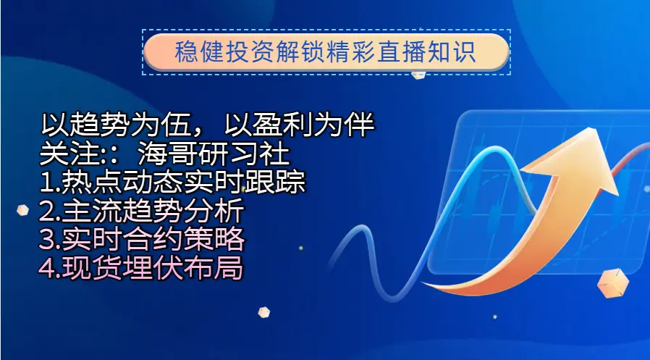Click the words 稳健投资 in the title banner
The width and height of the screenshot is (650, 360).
coord(224,52)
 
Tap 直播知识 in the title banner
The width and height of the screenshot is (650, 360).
coord(426,52)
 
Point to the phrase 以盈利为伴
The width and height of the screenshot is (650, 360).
coord(299,125)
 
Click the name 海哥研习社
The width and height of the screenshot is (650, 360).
coord(214,154)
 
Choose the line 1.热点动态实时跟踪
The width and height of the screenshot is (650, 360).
coord(172,181)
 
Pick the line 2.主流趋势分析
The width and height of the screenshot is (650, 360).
coord(141,210)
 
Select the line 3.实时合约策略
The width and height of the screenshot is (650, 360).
coord(141,239)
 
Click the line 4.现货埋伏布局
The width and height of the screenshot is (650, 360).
coord(140,268)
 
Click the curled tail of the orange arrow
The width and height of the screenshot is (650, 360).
coord(439,286)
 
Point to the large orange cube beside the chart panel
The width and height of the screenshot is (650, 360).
coord(612,282)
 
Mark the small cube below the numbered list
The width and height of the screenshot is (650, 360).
coord(263,312)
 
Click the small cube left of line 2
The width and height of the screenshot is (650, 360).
coord(22,210)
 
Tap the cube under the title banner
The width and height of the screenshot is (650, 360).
coord(418,75)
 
